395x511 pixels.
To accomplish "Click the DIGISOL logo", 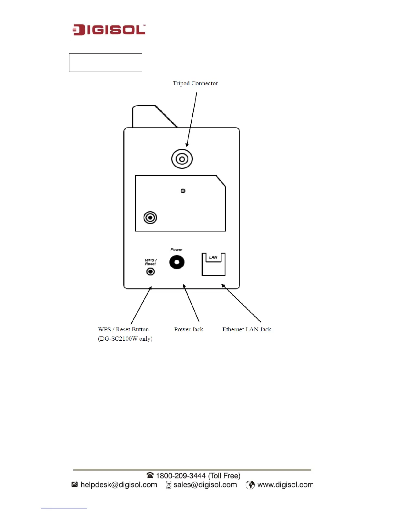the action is [109, 30].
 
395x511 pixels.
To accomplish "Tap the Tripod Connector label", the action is [195, 83].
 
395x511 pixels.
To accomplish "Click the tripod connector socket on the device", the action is [182, 159].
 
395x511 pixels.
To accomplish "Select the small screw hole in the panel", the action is [183, 191].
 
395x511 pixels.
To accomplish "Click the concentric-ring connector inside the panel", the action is [150, 218].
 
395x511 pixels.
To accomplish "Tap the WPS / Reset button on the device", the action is [150, 272].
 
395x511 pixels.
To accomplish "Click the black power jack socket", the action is [177, 262].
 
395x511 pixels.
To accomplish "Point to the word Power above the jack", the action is [176, 250].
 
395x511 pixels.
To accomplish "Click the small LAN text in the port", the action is [213, 257].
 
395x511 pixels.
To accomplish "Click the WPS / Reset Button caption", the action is [123, 329].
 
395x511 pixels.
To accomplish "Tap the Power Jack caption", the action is [188, 329].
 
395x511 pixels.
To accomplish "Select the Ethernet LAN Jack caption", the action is [247, 329].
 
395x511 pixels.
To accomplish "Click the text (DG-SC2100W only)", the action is [125, 339].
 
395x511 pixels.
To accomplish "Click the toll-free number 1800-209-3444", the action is [181, 476].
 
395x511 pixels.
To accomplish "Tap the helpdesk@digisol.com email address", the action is [119, 485].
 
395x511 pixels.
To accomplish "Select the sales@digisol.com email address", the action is [205, 485].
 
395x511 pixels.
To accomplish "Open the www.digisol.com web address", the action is [285, 485].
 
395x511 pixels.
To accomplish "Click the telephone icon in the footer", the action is [150, 476].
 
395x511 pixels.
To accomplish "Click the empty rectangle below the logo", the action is [106, 63].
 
